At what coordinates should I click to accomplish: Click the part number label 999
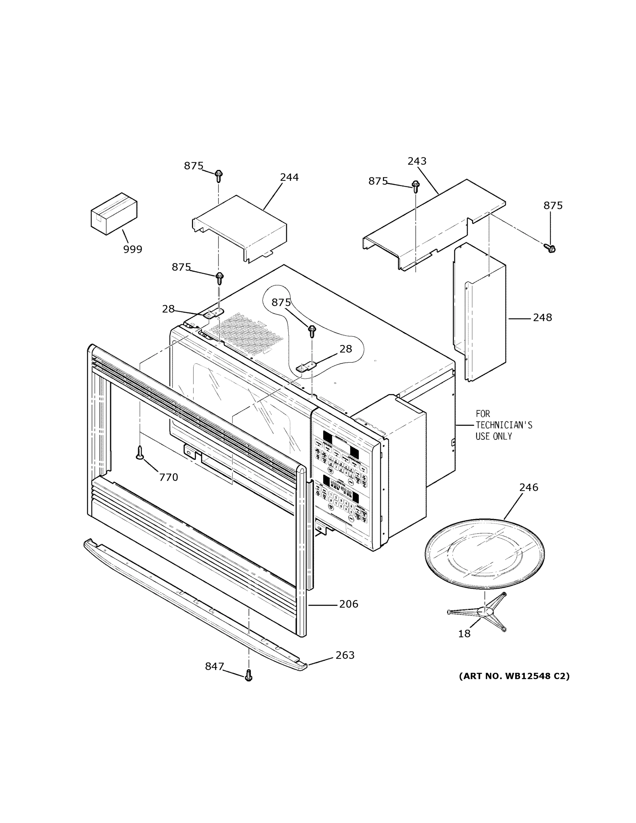pyautogui.click(x=133, y=249)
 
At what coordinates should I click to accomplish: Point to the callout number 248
pyautogui.click(x=542, y=317)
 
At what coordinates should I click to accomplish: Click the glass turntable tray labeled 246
pyautogui.click(x=484, y=553)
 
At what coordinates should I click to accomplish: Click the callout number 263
pyautogui.click(x=345, y=655)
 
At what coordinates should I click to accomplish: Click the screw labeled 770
pyautogui.click(x=140, y=452)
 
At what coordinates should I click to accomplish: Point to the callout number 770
pyautogui.click(x=168, y=477)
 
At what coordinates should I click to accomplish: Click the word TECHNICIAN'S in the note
pyautogui.click(x=504, y=425)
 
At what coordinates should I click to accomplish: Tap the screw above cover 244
pyautogui.click(x=218, y=176)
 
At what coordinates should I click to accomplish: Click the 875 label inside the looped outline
pyautogui.click(x=281, y=302)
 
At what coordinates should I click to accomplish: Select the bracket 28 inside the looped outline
pyautogui.click(x=307, y=367)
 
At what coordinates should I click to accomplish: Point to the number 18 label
pyautogui.click(x=464, y=634)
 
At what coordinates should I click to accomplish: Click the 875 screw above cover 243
pyautogui.click(x=416, y=186)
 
